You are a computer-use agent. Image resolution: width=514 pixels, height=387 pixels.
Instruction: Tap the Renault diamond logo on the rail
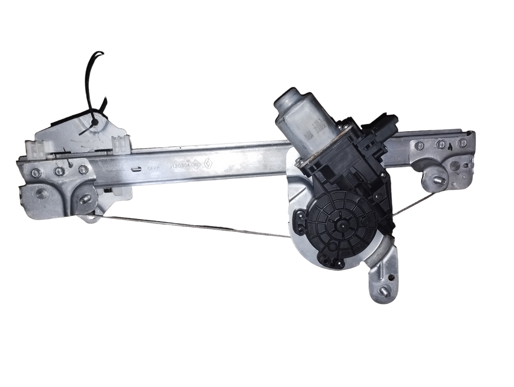[x=208, y=164]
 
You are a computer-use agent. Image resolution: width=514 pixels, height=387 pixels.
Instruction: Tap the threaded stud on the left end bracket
[x=85, y=200]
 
